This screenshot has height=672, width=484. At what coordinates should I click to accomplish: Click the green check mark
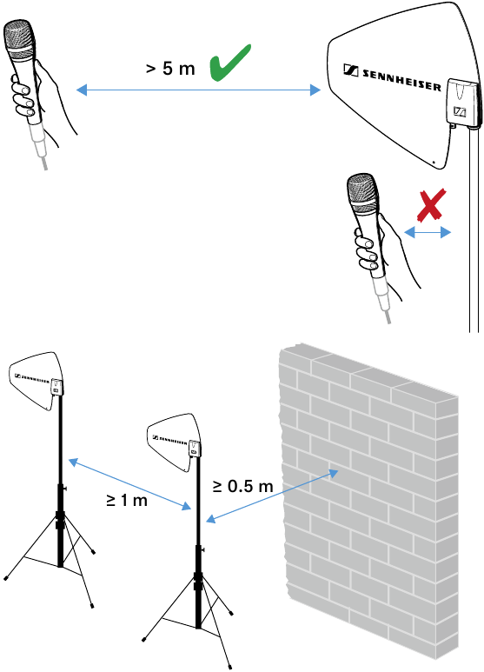pyautogui.click(x=229, y=63)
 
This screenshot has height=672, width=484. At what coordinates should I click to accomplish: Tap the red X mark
pyautogui.click(x=431, y=205)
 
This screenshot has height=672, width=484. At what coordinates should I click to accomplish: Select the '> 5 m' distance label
pyautogui.click(x=170, y=68)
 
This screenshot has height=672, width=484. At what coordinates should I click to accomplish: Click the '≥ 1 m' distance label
pyautogui.click(x=127, y=500)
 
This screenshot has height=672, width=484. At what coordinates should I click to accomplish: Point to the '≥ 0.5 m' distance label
pyautogui.click(x=242, y=486)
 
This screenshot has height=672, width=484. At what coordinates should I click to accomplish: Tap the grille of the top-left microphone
pyautogui.click(x=20, y=37)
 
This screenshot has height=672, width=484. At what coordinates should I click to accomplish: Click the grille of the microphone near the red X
pyautogui.click(x=363, y=193)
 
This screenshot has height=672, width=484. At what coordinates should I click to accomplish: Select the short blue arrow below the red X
pyautogui.click(x=428, y=233)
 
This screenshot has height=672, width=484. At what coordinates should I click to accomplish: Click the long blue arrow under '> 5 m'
pyautogui.click(x=198, y=90)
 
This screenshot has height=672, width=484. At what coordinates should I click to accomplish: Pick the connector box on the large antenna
pyautogui.click(x=461, y=103)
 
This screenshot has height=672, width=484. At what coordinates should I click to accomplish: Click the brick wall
pyautogui.click(x=368, y=502)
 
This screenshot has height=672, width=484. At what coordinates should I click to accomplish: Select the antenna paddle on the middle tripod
pyautogui.click(x=174, y=442)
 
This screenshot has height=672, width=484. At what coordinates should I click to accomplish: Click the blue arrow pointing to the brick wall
pyautogui.click(x=272, y=496)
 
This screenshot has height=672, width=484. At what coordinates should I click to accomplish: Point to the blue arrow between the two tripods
pyautogui.click(x=129, y=484)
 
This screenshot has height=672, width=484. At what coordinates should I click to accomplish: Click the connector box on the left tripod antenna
pyautogui.click(x=56, y=387)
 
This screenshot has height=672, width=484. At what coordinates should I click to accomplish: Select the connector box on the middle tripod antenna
pyautogui.click(x=195, y=449)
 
